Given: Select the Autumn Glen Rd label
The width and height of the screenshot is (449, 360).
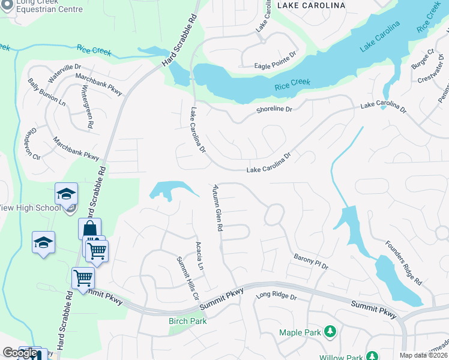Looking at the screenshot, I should pos(217,209).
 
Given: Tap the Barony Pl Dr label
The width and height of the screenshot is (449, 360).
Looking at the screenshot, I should pos(311,262).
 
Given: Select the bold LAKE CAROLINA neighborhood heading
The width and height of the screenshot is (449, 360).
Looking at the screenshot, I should pos(311,5).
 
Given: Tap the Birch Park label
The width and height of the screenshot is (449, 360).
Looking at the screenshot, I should pos(187,321).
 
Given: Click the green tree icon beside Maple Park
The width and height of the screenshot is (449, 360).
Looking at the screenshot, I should pos(329,331).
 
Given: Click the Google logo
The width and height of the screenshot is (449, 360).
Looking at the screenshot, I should pos(20,353).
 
